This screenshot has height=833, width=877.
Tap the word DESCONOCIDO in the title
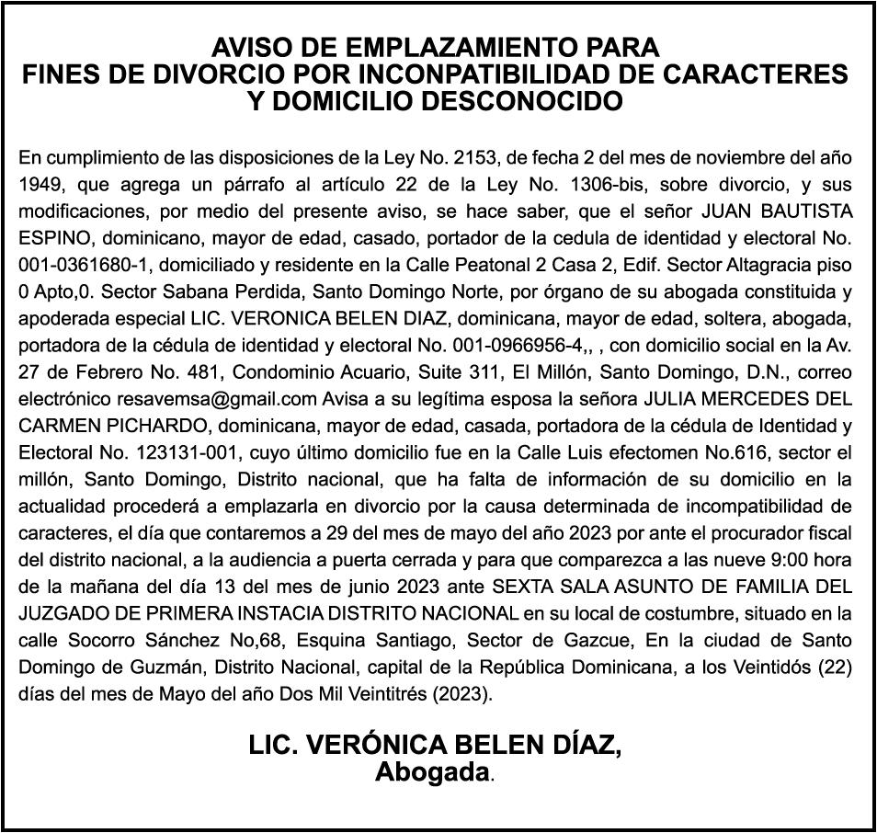point(530,100)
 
